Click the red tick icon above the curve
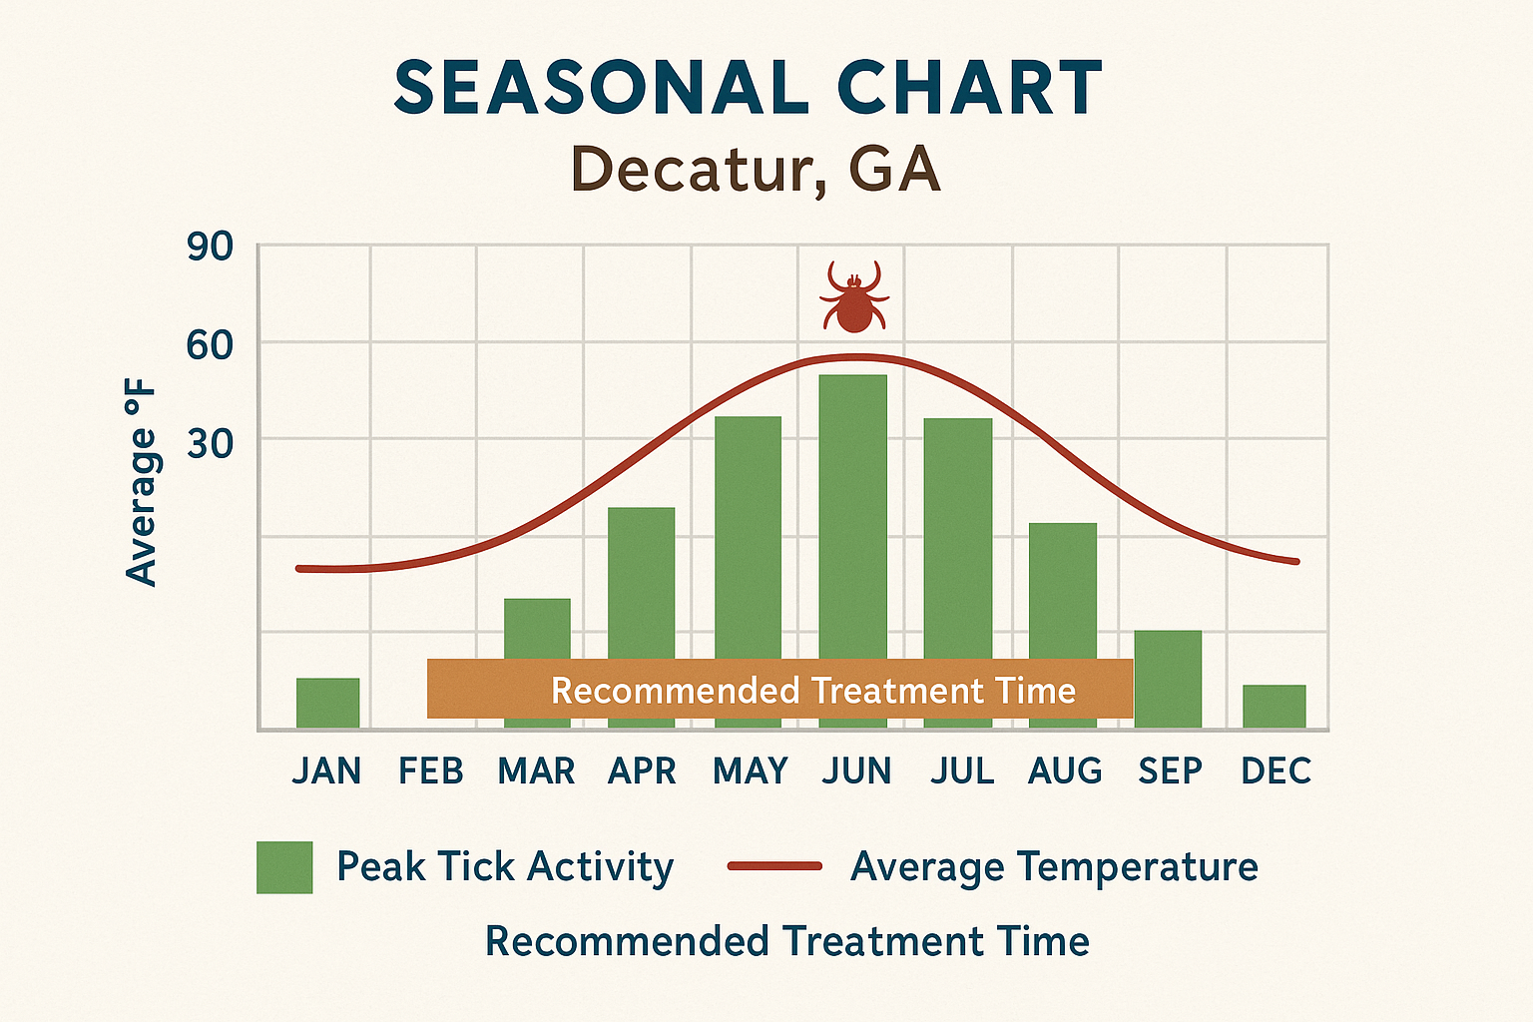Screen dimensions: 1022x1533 pyautogui.click(x=853, y=297)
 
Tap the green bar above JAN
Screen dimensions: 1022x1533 pyautogui.click(x=327, y=703)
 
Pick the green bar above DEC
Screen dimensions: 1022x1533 pyautogui.click(x=1274, y=706)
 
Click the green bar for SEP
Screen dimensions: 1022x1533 pyautogui.click(x=1168, y=679)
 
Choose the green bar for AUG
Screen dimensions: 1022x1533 pyautogui.click(x=1063, y=589)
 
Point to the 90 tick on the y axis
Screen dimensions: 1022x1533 pyautogui.click(x=210, y=248)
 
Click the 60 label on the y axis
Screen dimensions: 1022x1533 pyautogui.click(x=210, y=345)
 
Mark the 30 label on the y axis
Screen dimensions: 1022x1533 pyautogui.click(x=210, y=443)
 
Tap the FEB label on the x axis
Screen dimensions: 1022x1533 pyautogui.click(x=431, y=771)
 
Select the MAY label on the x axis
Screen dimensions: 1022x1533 pyautogui.click(x=751, y=771)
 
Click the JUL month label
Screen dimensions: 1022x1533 pyautogui.click(x=962, y=771)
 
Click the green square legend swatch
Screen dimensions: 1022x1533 pyautogui.click(x=284, y=867)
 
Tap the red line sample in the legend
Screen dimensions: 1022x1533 pyautogui.click(x=774, y=866)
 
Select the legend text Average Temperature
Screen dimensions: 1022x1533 pyautogui.click(x=1054, y=866)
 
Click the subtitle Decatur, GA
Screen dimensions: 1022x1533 pyautogui.click(x=756, y=170)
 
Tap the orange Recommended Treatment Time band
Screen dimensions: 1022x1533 pyautogui.click(x=779, y=689)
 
